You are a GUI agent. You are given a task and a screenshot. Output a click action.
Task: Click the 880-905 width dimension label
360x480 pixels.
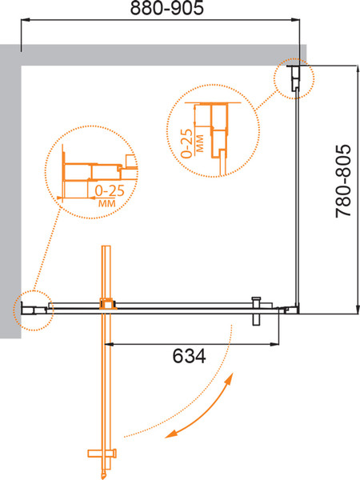click(x=167, y=8)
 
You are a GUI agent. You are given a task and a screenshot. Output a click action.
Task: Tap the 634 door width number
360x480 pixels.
click(x=189, y=356)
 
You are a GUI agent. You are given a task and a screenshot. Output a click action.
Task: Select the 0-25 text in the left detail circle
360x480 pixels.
click(x=110, y=191)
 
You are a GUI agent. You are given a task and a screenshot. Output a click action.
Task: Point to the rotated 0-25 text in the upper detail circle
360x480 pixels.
click(x=186, y=143)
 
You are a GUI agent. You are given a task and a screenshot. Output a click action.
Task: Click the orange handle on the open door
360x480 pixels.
click(x=102, y=453)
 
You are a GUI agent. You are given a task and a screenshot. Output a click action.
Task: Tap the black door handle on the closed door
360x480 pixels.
click(x=256, y=311)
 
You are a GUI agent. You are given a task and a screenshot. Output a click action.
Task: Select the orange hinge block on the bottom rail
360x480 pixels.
click(x=108, y=304)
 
